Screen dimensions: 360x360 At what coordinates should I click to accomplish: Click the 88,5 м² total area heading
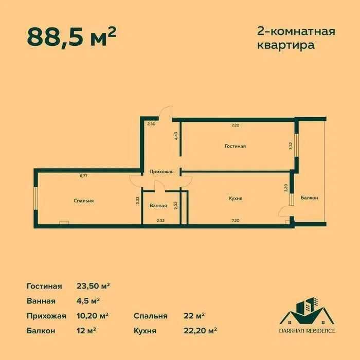click(71, 37)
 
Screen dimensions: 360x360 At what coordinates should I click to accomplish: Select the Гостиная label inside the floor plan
click(235, 146)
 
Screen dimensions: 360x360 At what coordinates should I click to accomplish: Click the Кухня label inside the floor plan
click(235, 198)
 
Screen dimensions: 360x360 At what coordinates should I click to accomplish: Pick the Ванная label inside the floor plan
click(158, 206)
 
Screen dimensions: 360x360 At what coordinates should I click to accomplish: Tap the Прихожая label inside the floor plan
click(161, 172)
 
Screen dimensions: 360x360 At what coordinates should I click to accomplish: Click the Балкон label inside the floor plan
click(309, 198)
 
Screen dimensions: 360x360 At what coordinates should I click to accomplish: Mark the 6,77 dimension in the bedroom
click(83, 176)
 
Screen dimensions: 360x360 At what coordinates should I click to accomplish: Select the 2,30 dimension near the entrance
click(151, 124)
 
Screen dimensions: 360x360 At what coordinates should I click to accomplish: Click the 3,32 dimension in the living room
click(291, 146)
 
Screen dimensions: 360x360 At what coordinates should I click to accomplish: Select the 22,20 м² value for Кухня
click(200, 330)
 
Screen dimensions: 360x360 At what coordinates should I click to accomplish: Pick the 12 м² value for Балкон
click(87, 330)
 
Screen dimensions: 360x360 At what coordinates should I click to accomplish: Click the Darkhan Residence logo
click(307, 315)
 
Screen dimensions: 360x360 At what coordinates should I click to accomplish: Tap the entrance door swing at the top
click(166, 112)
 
